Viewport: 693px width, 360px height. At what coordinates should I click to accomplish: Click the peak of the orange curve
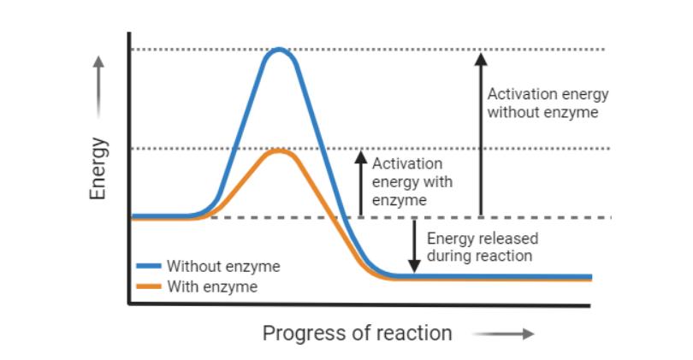pyautogui.click(x=278, y=151)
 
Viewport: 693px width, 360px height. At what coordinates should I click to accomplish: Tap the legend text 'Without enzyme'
pyautogui.click(x=223, y=267)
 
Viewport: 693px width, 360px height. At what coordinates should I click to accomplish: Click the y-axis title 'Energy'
pyautogui.click(x=98, y=168)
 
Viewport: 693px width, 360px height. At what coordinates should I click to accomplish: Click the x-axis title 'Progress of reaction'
pyautogui.click(x=357, y=333)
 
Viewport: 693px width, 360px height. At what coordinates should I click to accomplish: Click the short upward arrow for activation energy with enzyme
pyautogui.click(x=361, y=184)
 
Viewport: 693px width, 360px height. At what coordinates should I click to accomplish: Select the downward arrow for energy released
pyautogui.click(x=415, y=246)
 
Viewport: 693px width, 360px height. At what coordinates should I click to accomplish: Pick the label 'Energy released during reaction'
pyautogui.click(x=482, y=247)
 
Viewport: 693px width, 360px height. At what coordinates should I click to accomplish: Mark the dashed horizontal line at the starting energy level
pyautogui.click(x=513, y=217)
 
